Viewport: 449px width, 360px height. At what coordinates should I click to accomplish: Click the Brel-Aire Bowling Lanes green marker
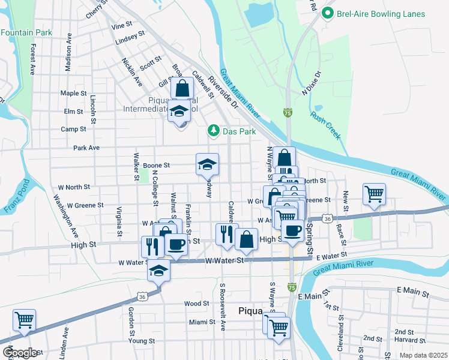(x=328, y=13)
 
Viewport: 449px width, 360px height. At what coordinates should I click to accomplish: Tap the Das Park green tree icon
(x=212, y=131)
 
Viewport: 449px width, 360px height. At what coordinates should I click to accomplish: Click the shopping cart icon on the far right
(x=374, y=194)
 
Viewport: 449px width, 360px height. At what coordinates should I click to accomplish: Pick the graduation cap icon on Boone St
(x=207, y=164)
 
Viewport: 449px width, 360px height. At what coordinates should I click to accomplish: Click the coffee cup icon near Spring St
(x=292, y=231)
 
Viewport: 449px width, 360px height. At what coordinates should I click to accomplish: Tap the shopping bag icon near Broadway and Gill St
(x=182, y=88)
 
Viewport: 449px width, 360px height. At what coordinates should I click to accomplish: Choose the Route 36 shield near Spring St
(x=327, y=219)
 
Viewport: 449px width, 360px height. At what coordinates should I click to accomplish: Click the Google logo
(x=20, y=353)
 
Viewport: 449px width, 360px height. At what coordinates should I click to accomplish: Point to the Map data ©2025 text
(x=423, y=355)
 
